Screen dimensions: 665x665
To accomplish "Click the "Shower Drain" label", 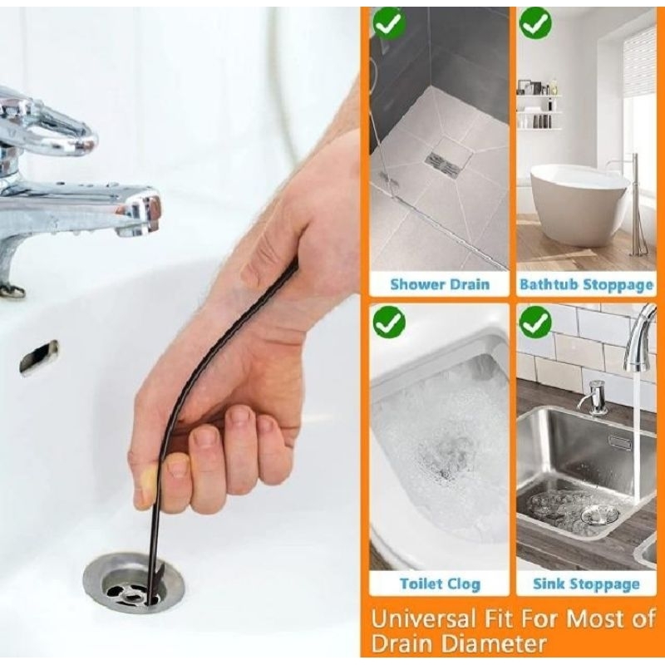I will click(x=439, y=284).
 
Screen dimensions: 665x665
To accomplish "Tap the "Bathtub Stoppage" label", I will click(x=586, y=284).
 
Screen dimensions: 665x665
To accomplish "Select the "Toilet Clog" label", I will click(x=439, y=584).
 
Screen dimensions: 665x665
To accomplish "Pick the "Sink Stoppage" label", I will click(x=586, y=584).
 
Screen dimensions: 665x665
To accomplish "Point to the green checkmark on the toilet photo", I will click(x=388, y=322).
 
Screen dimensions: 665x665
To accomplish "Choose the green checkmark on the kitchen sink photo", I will click(x=535, y=322).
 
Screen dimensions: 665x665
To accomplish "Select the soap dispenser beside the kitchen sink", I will click(x=595, y=397).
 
